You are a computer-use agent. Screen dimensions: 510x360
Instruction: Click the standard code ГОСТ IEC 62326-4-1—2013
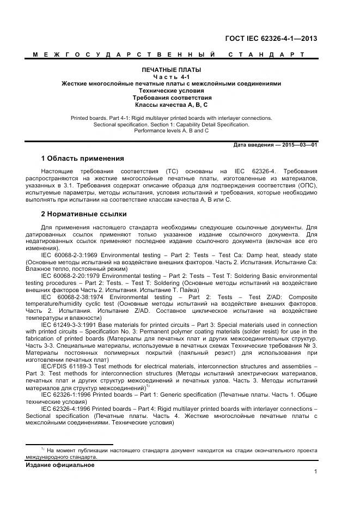pos(271,39)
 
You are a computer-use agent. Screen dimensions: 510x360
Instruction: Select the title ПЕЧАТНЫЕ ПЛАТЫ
pos(171,70)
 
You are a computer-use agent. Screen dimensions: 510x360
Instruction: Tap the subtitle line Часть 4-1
pos(171,77)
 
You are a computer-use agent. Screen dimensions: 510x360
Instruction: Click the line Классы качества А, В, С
pos(171,104)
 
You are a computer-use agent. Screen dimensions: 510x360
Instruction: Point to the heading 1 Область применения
pos(82,159)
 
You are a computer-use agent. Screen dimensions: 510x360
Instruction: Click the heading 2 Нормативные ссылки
pos(84,214)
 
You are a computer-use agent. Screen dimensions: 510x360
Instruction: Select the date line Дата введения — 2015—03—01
pos(275,145)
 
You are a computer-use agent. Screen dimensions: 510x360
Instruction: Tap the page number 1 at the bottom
pos(315,472)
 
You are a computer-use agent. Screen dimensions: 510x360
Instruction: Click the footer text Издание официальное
pos(60,465)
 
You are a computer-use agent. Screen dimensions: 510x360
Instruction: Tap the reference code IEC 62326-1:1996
pos(66,393)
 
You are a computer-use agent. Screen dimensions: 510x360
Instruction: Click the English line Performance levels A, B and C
pos(171,131)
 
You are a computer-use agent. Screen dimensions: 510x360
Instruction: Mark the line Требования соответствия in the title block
pos(171,98)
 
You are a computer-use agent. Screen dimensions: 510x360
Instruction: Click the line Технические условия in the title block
pos(171,90)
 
